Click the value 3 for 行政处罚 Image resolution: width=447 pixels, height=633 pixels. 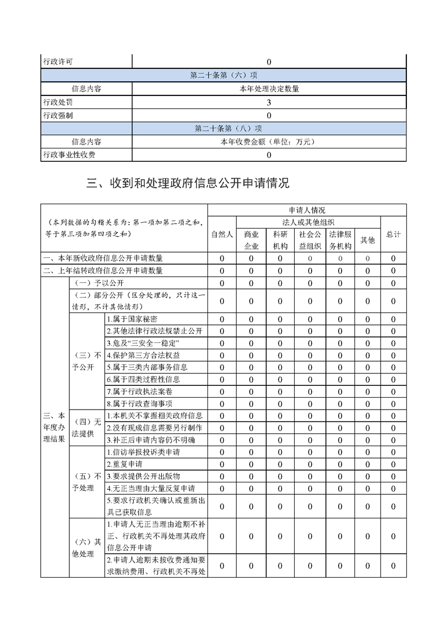click(269, 103)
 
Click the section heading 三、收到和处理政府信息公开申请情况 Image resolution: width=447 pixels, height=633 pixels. click(188, 183)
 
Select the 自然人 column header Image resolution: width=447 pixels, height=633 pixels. click(222, 234)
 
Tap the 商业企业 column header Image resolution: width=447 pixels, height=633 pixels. click(251, 240)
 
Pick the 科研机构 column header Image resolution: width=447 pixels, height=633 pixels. click(280, 240)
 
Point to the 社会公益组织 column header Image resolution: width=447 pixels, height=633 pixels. click(310, 240)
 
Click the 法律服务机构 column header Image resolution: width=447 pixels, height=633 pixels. click(340, 240)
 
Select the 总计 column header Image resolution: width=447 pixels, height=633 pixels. click(393, 234)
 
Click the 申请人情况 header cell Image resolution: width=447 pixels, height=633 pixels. click(307, 210)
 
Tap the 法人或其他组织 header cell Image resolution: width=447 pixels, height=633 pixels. click(308, 222)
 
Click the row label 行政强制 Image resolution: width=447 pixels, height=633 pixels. click(58, 116)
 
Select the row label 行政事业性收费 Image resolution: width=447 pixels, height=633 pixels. click(69, 155)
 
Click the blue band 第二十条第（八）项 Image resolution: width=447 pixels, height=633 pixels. click(223, 128)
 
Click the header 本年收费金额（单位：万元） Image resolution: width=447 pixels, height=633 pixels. click(268, 142)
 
